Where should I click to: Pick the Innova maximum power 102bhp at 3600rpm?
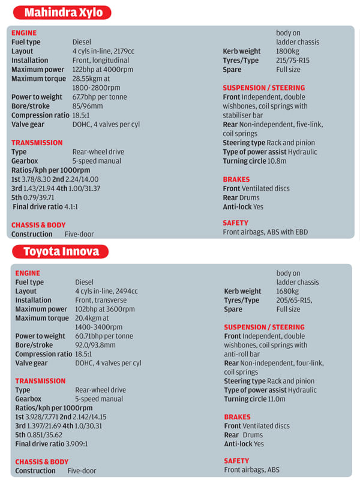point(105,309)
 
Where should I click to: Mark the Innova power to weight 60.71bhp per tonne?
point(107,336)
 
